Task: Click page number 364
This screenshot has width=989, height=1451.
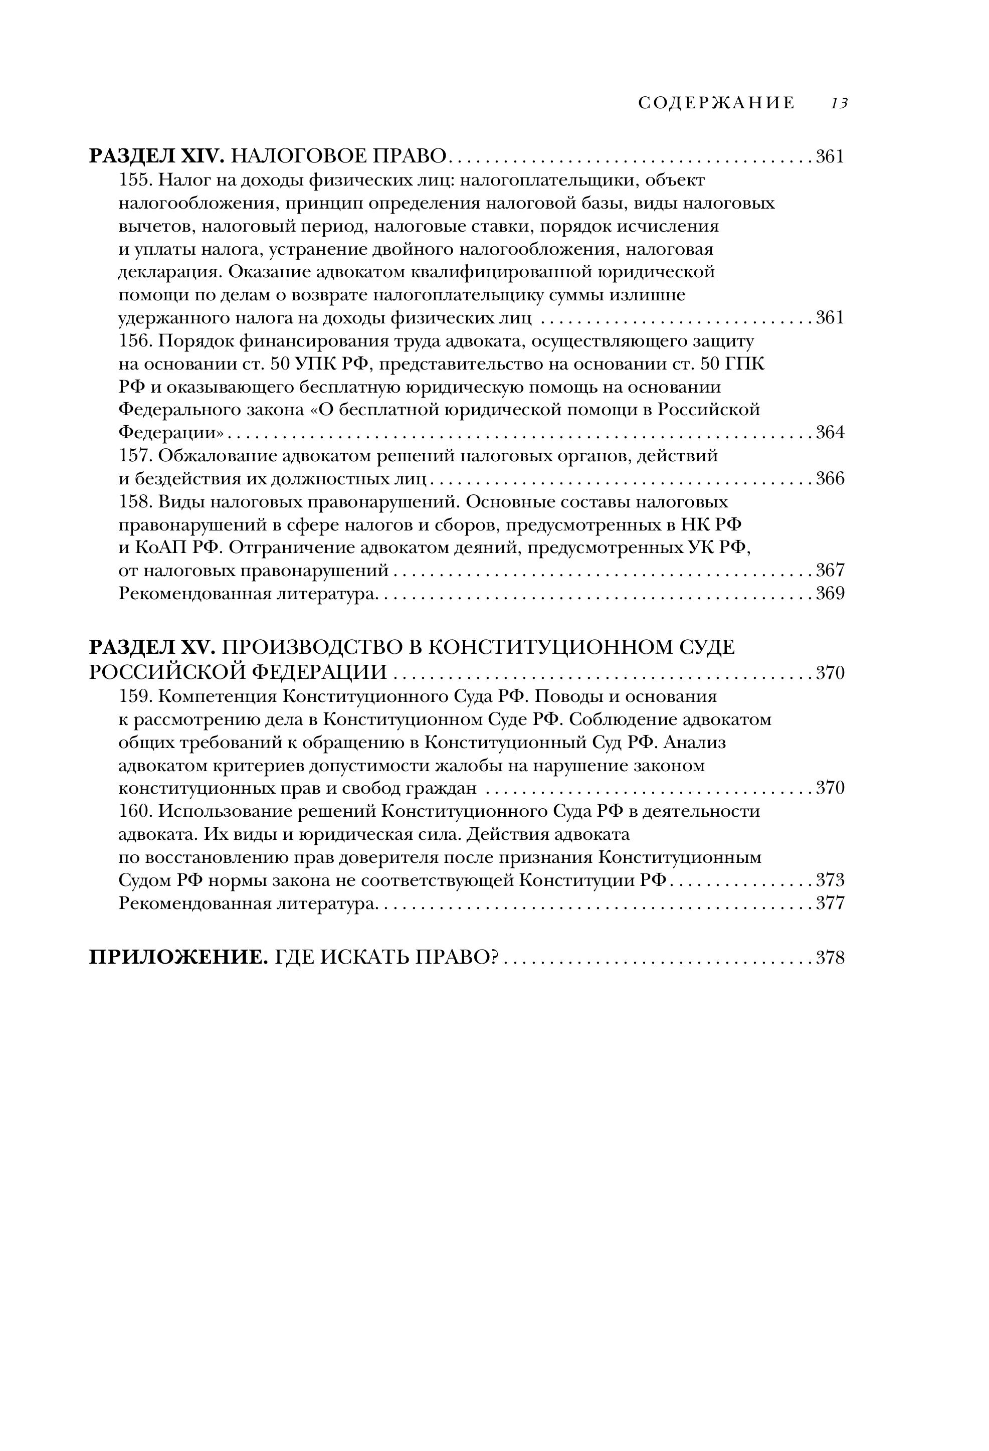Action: coord(830,433)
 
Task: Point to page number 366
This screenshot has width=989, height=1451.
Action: coord(830,479)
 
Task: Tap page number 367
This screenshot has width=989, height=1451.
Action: coord(830,570)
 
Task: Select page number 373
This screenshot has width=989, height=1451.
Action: coord(830,880)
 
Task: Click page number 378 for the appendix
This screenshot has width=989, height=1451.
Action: coord(830,958)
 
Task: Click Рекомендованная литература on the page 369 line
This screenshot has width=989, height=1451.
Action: coord(248,594)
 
